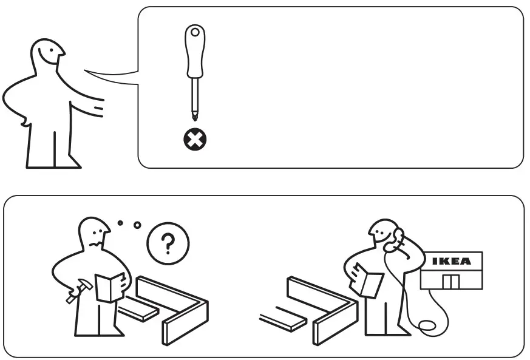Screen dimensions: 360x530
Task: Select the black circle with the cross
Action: coord(195,140)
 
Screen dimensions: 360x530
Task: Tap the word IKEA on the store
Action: coord(451,262)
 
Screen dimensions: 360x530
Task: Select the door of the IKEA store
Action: coord(450,281)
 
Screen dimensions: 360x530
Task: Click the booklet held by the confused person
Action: coord(111,287)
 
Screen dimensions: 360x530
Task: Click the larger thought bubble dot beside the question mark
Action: coord(137,225)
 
